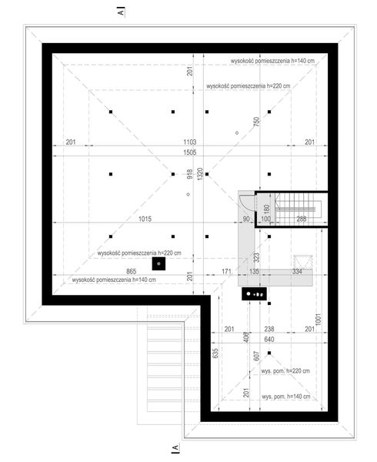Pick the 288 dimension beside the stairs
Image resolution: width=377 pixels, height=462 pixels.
point(302,219)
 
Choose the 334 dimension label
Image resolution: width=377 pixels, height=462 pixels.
point(297,271)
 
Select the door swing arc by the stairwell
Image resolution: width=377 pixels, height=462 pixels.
point(243,199)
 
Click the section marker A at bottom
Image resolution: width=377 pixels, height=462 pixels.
point(176,447)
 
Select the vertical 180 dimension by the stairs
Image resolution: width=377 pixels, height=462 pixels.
point(267,209)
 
